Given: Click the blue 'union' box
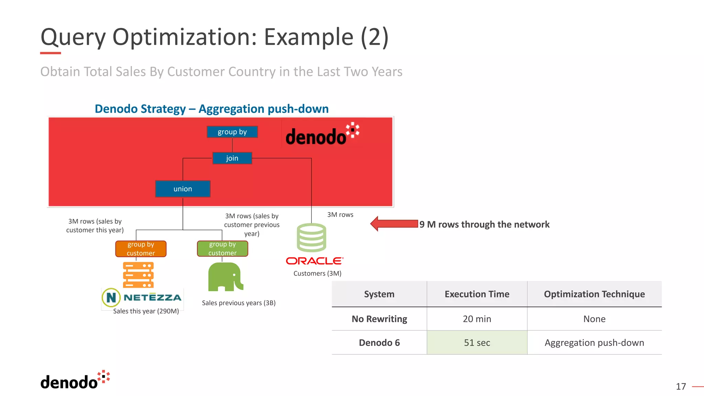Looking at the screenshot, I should [183, 189].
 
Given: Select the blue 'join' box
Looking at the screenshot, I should [232, 158].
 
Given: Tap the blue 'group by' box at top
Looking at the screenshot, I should [232, 132].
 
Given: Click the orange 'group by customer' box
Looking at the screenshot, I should [141, 249].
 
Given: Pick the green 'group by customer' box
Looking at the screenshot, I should [222, 249].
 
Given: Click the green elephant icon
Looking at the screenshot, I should [225, 277].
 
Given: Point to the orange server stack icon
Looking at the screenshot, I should [138, 275].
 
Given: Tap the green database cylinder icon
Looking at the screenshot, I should [311, 238].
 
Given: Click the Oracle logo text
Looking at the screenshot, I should [314, 261].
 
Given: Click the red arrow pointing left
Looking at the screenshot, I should [394, 224].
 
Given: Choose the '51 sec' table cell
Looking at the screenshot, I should [477, 343].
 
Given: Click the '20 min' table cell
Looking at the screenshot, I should [477, 319].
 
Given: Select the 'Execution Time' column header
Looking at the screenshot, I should [477, 294].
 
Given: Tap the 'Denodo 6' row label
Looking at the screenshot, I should [379, 343].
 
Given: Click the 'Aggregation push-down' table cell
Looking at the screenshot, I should [594, 343].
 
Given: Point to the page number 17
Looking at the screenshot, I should [681, 387].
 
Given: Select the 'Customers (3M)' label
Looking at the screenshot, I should [317, 274].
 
